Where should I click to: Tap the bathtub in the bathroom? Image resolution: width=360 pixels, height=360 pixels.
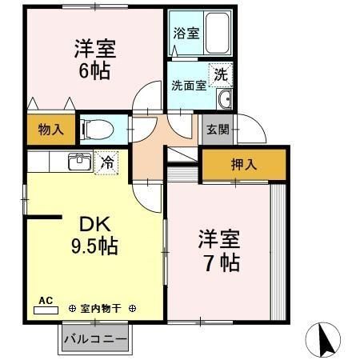(214, 31)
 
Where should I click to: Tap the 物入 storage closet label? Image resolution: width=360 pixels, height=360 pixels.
(52, 128)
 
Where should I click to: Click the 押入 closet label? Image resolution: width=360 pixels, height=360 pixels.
(244, 166)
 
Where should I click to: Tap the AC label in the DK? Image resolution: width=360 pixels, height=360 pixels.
(46, 301)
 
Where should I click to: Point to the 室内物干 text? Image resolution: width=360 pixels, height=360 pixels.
(102, 307)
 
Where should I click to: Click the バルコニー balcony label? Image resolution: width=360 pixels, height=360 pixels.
(94, 339)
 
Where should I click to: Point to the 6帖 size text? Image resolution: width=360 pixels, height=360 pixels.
(94, 70)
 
